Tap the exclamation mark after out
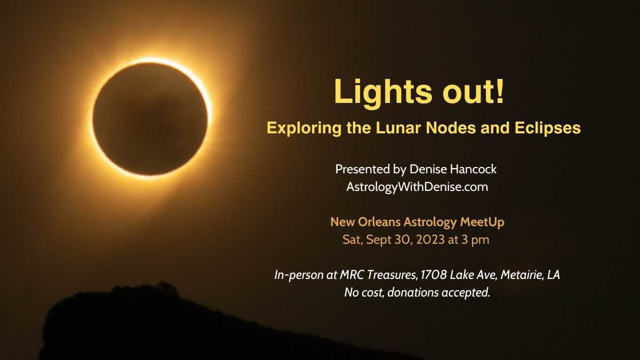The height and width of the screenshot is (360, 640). coord(499,91)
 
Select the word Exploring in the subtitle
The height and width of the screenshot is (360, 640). coord(304,129)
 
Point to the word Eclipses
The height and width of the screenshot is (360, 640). coord(548,129)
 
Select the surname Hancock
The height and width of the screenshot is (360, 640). coord(473,169)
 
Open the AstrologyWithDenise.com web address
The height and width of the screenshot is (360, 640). coord(417,187)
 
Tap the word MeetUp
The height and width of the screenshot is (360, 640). coord(482,222)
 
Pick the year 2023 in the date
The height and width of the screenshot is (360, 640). coord(430,239)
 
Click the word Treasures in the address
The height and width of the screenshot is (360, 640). coord(394,275)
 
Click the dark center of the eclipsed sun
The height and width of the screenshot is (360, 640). coord(150,118)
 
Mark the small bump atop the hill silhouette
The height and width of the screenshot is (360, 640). coord(166,286)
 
